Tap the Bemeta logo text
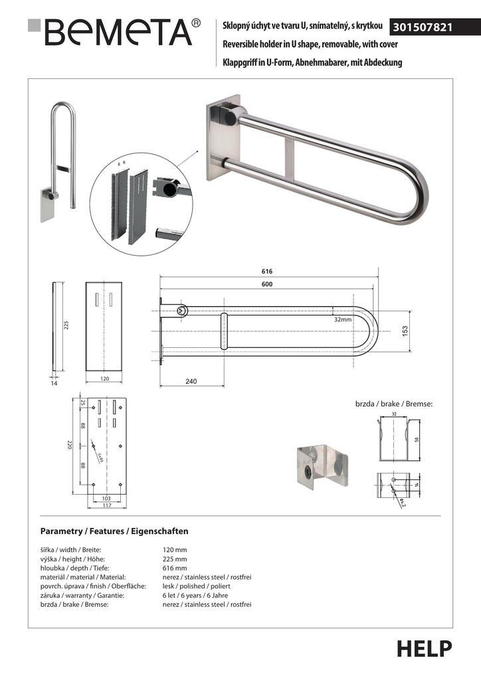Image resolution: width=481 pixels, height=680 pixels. pyautogui.click(x=112, y=31)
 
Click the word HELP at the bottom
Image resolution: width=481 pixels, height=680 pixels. pyautogui.click(x=425, y=649)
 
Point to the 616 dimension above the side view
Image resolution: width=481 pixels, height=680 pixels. pyautogui.click(x=267, y=272)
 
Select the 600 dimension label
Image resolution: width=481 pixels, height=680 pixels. pyautogui.click(x=267, y=284)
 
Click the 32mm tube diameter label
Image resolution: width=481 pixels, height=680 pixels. pyautogui.click(x=343, y=319)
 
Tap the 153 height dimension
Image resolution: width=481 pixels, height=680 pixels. pyautogui.click(x=405, y=330)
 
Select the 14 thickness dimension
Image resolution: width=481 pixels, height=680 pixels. pyautogui.click(x=54, y=382)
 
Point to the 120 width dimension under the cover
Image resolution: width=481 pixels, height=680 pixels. pyautogui.click(x=104, y=378)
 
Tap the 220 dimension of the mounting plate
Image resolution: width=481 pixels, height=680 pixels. pyautogui.click(x=68, y=444)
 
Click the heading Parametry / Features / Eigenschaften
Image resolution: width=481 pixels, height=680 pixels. pyautogui.click(x=114, y=531)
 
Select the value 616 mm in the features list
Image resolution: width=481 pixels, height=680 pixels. pyautogui.click(x=175, y=568)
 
